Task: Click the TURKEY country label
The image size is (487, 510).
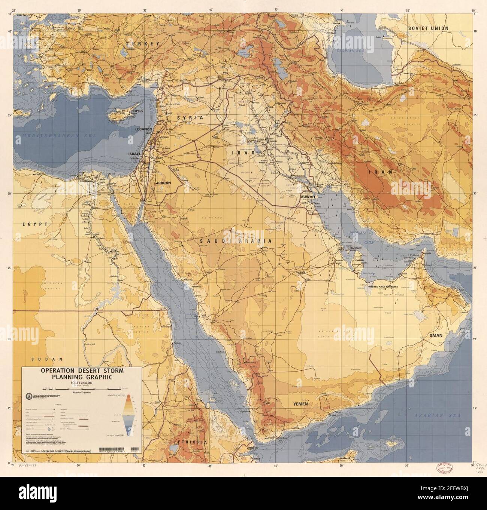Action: click(142, 44)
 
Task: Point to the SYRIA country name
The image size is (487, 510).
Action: click(190, 117)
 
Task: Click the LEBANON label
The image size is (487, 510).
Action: click(143, 129)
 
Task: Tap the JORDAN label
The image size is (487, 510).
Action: click(163, 183)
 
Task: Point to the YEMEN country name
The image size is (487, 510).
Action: click(300, 404)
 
